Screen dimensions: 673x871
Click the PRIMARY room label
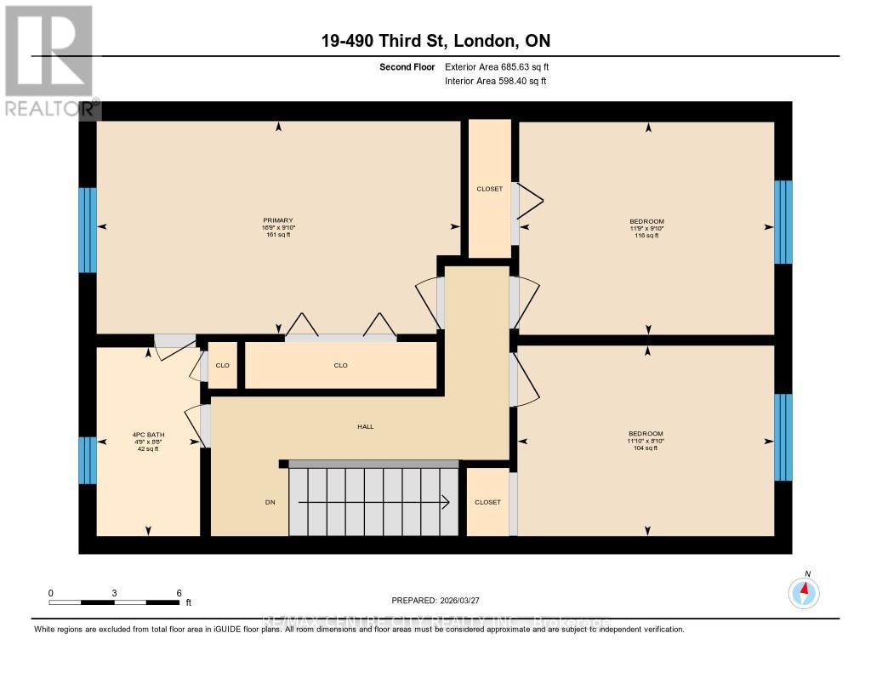(278, 220)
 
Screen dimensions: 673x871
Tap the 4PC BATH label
(148, 435)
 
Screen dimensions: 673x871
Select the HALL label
(364, 427)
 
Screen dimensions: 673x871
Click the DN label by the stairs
(270, 502)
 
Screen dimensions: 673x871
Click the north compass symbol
(804, 591)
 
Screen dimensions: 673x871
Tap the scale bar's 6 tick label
(179, 593)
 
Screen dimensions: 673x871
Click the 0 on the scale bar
(51, 593)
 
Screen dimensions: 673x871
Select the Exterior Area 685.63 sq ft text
(502, 66)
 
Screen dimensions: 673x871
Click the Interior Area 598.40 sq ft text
(495, 82)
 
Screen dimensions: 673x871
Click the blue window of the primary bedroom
(88, 230)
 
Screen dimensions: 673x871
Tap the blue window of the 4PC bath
(88, 459)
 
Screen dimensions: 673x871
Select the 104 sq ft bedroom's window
(783, 437)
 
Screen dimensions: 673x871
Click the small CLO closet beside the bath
(223, 365)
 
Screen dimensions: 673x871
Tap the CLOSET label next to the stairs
(487, 503)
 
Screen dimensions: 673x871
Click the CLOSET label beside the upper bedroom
(489, 189)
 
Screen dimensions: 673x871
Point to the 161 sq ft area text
(278, 235)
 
